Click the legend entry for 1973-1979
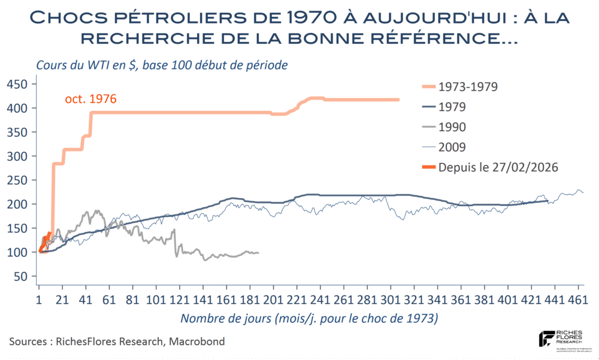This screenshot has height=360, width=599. [x=468, y=86]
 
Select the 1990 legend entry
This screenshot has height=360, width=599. [x=452, y=127]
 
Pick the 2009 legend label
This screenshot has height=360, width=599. [x=452, y=147]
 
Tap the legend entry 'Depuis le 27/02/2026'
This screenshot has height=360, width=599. [x=498, y=168]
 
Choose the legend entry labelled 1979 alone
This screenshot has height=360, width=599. [x=452, y=107]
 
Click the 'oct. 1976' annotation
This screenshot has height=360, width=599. [x=90, y=99]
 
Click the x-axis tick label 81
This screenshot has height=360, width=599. [x=132, y=299]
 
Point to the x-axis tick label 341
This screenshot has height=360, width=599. [x=438, y=299]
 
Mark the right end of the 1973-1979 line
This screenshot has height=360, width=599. [x=399, y=100]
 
